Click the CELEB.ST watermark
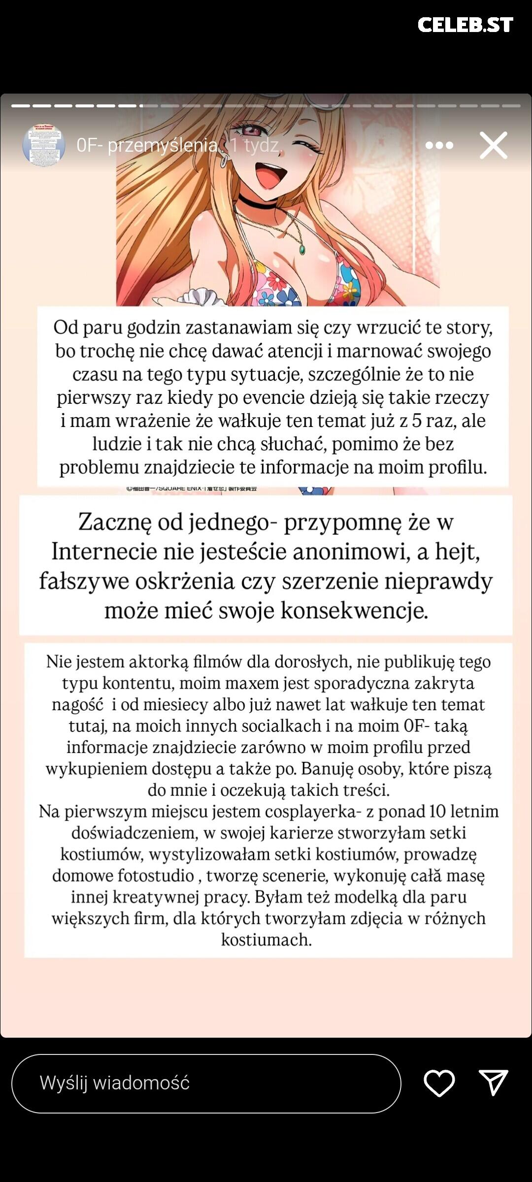[465, 25]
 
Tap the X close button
[493, 145]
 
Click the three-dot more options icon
[439, 145]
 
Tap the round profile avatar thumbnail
[44, 144]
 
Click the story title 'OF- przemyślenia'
[147, 145]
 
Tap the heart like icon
[439, 1083]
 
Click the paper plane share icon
[493, 1083]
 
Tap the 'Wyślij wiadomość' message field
[206, 1083]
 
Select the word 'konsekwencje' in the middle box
[354, 611]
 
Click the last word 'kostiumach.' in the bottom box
[266, 939]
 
